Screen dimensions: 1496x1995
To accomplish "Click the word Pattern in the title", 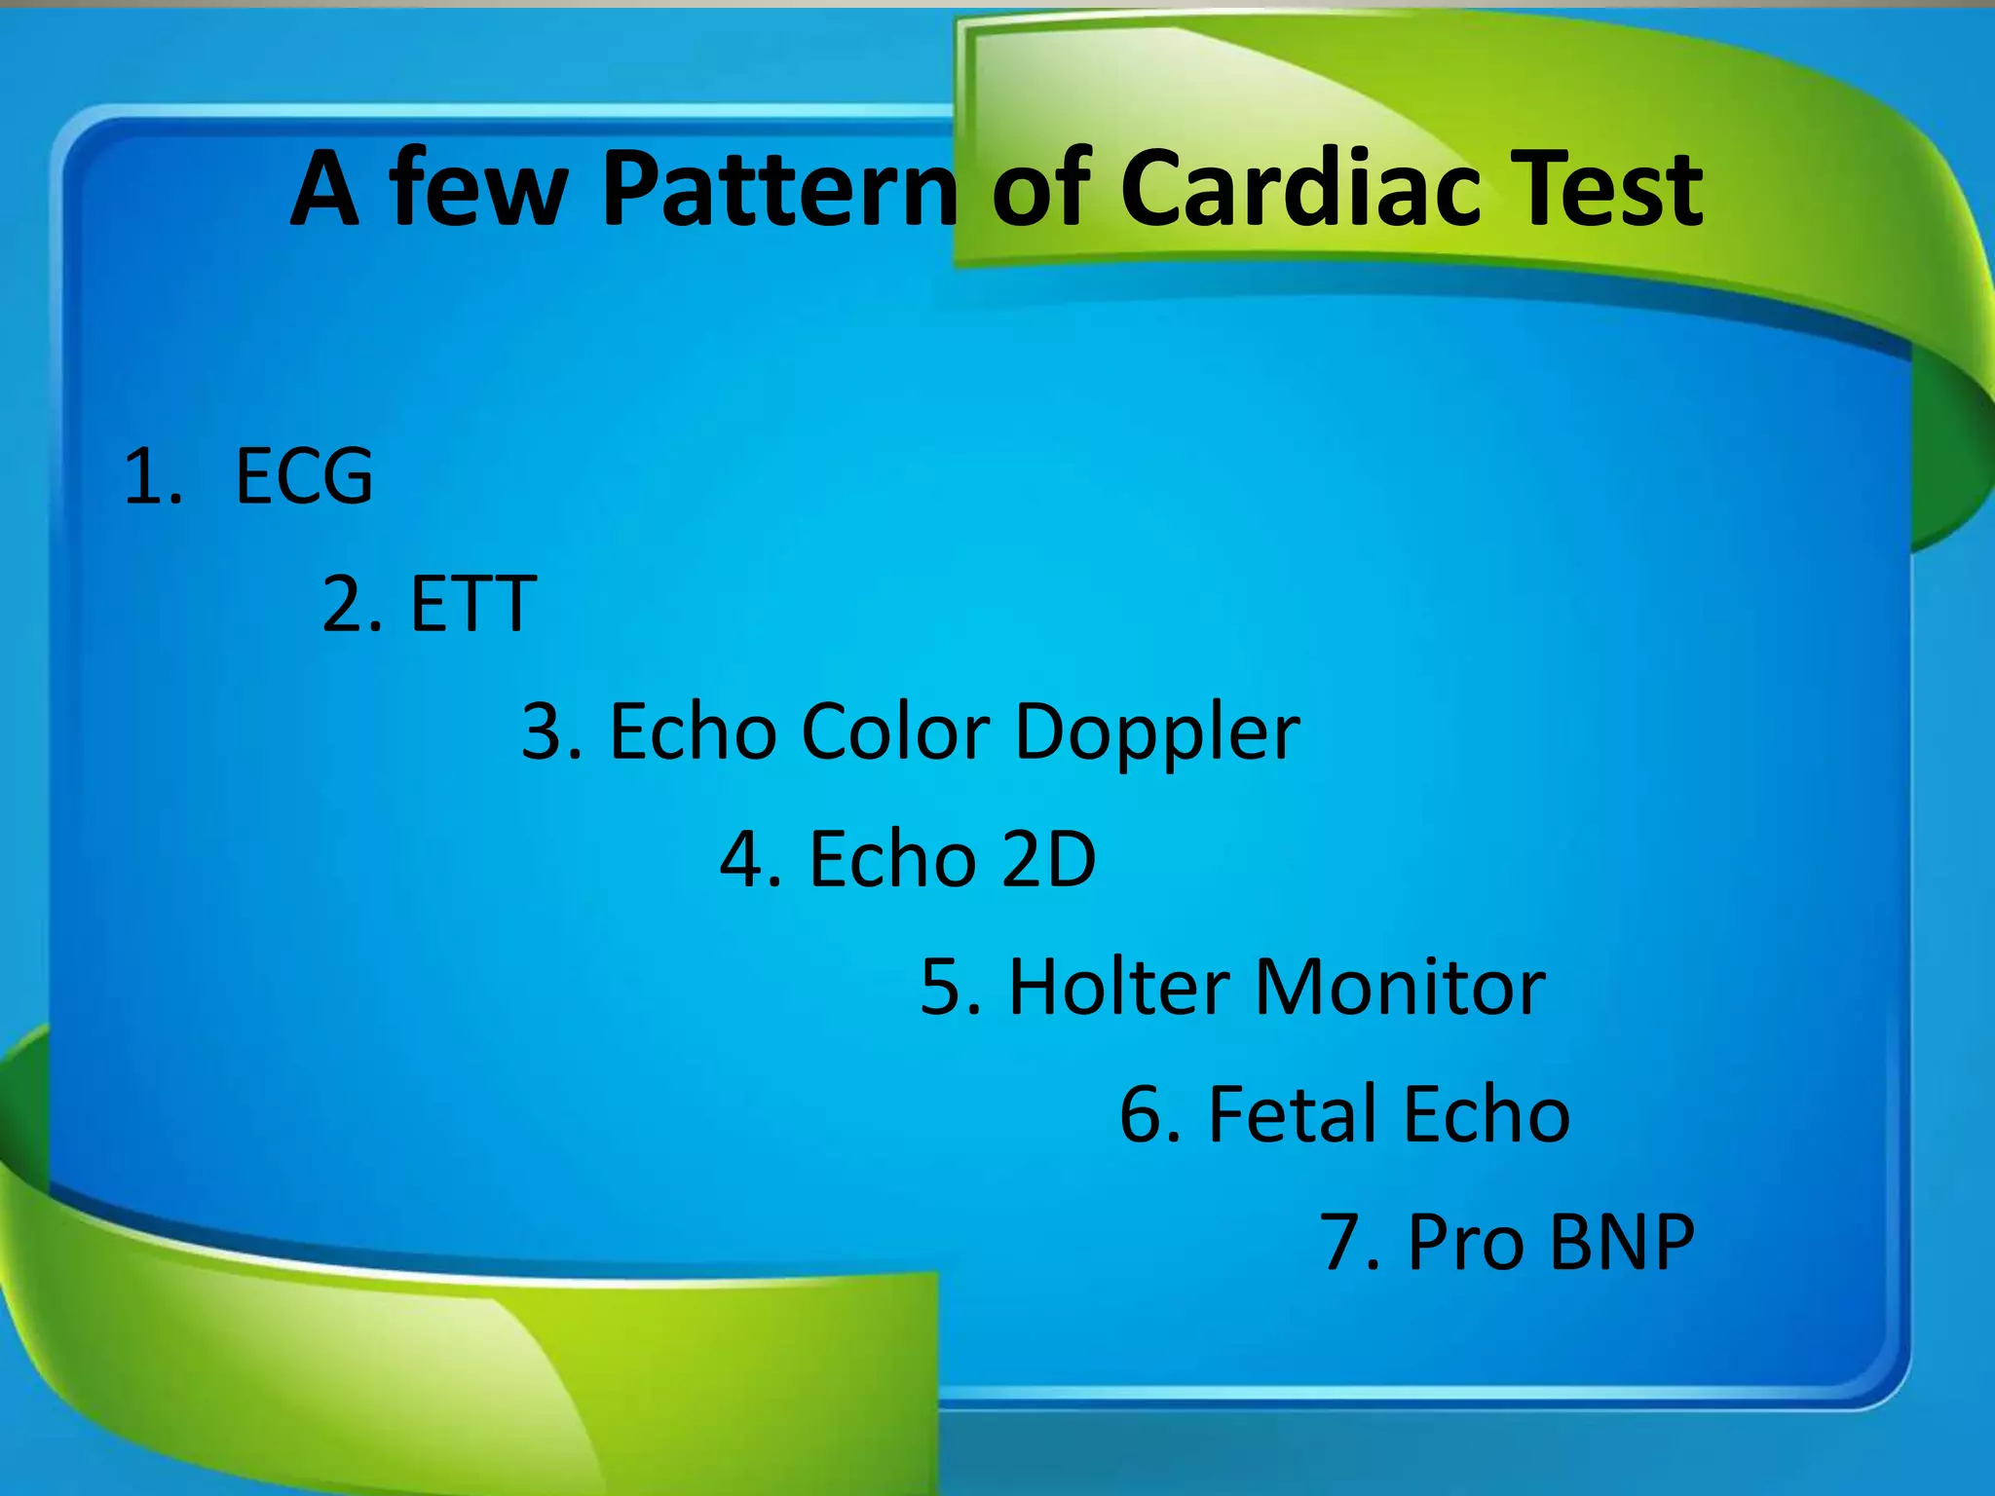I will [779, 190].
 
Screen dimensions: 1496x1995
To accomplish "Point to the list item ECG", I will [304, 476].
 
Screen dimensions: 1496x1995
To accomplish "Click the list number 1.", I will [151, 476].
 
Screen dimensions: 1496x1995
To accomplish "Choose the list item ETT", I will [473, 604].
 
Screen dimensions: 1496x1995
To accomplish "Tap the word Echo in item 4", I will [892, 859].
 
